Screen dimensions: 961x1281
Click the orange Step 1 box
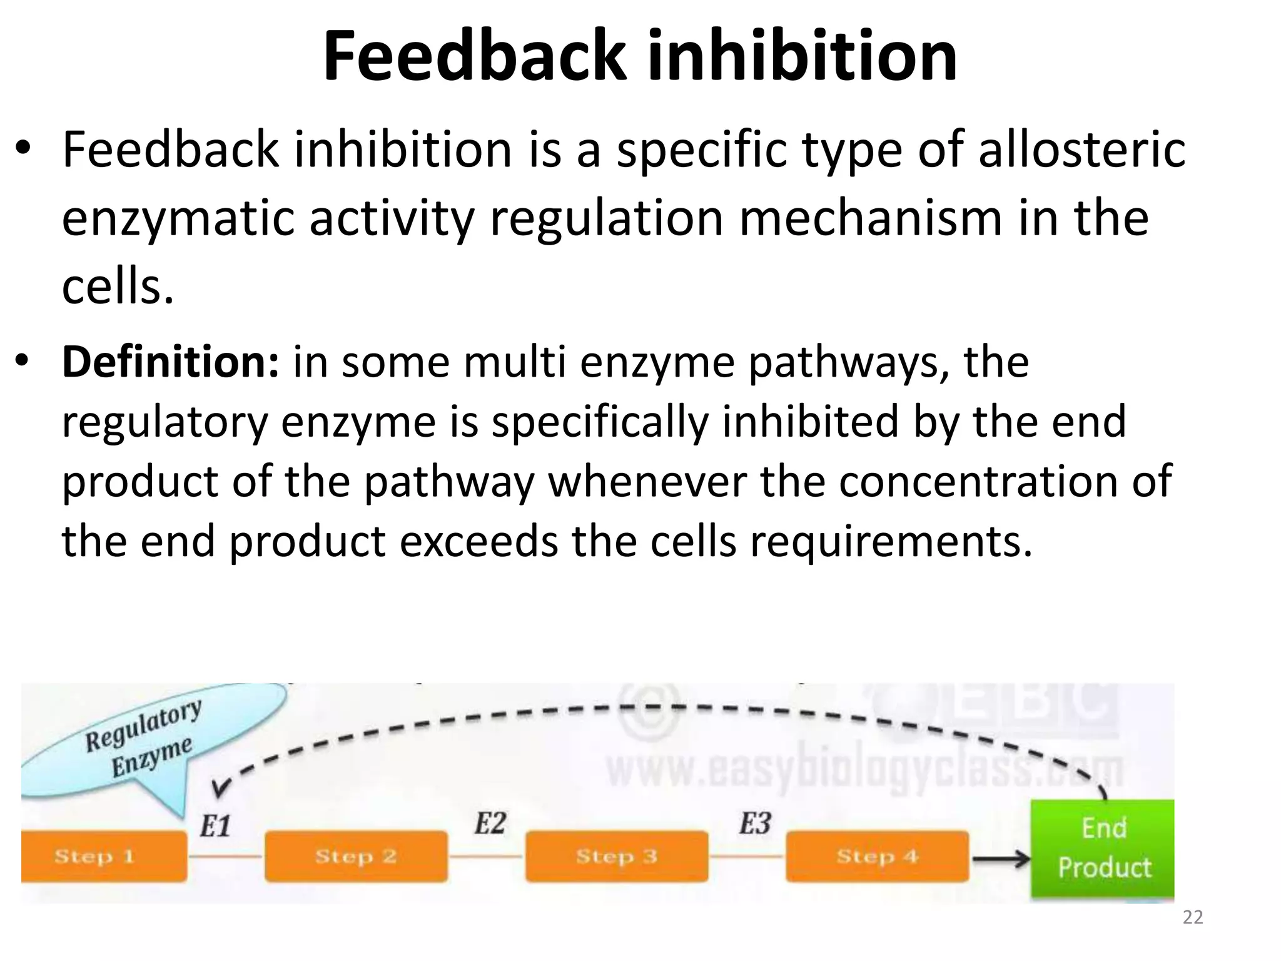point(104,856)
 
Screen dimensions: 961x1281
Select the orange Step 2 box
point(356,856)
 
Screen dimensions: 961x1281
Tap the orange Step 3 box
point(617,856)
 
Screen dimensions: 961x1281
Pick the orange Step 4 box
point(877,856)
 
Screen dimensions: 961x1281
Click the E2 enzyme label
point(489,823)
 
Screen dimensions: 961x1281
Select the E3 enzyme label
point(755,823)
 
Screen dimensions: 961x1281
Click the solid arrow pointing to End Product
point(1001,859)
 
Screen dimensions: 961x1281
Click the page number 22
point(1193,918)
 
